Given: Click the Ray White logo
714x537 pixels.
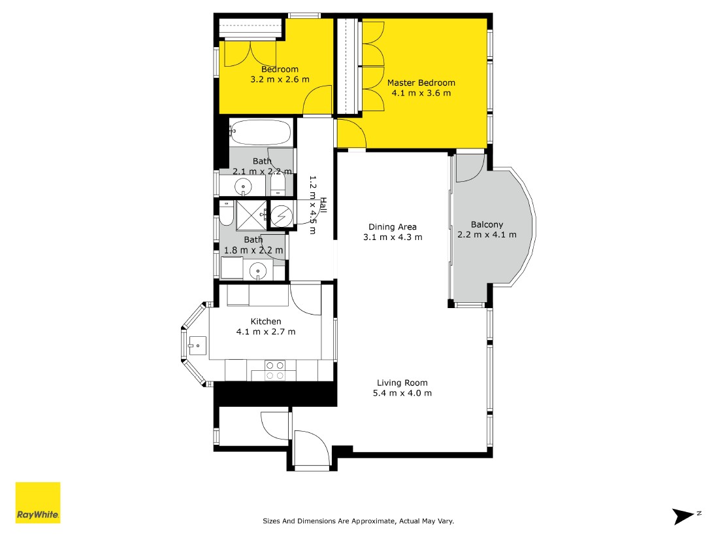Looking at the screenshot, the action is click(x=38, y=502).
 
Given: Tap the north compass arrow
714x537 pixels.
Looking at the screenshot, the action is click(x=683, y=516).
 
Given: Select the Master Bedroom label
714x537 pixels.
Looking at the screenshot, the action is click(x=421, y=82).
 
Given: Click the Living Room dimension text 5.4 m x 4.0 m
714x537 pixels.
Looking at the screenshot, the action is click(x=402, y=393).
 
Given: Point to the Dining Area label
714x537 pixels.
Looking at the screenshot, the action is click(x=393, y=226).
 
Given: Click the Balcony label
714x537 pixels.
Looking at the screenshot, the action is click(x=487, y=224).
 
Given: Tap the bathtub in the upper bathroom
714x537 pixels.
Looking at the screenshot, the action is click(x=260, y=131).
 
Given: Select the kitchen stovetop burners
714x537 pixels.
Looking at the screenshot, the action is click(x=275, y=370).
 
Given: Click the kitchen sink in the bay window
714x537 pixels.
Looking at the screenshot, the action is click(x=197, y=345).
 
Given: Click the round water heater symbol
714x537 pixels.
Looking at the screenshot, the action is click(x=282, y=215).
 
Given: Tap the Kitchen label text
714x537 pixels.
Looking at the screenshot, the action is click(x=266, y=321).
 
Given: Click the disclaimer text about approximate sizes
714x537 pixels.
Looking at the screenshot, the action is click(x=359, y=521).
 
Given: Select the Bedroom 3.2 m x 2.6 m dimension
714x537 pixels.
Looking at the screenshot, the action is click(x=280, y=79).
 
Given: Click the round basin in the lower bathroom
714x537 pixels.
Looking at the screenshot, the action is click(x=258, y=271).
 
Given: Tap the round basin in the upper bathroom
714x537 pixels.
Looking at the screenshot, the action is click(x=243, y=187).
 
